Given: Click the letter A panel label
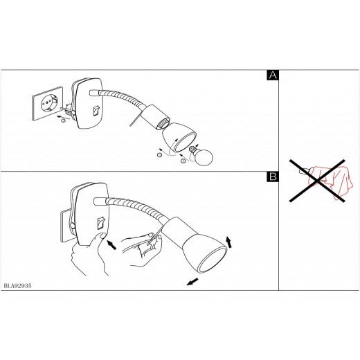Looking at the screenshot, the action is coord(273,75).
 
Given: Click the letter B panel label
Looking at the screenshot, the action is coord(273,177).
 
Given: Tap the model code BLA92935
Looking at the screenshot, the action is coord(17,286).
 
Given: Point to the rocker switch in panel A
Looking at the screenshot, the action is coord(96,111).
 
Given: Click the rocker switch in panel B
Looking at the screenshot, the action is coord(101,223).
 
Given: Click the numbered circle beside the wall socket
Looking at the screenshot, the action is coord(63,120).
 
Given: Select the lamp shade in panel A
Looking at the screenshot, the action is coord(179,138).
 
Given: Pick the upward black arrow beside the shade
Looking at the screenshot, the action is coord(228,242).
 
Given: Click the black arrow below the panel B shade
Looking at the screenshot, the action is coord(192,282).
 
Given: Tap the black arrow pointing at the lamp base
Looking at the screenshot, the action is coord(112,244).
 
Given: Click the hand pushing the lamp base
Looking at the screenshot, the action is coord(90,254).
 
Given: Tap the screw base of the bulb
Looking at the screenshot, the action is coord(192,150).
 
